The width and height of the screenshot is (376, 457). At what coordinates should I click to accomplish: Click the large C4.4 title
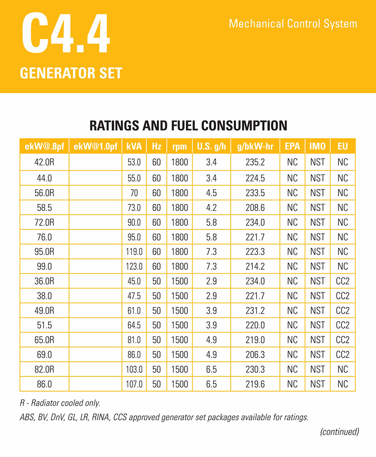(x=66, y=35)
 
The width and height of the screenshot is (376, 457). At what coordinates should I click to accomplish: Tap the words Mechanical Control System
(x=293, y=24)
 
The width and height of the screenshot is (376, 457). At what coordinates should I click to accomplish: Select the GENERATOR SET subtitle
(x=71, y=73)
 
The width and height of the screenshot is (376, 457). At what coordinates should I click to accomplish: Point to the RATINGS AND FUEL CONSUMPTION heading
(x=188, y=126)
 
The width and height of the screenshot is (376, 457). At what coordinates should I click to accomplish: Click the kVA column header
(x=134, y=146)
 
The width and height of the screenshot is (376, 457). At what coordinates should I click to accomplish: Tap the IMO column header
(x=318, y=146)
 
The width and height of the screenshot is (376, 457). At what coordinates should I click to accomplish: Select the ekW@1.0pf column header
(x=96, y=146)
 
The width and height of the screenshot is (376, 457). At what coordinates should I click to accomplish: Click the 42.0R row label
(x=44, y=162)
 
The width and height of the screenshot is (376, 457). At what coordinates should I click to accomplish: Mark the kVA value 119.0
(x=134, y=252)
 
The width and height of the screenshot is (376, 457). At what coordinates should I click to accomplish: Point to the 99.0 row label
(x=44, y=267)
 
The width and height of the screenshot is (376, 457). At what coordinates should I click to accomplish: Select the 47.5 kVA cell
(x=134, y=296)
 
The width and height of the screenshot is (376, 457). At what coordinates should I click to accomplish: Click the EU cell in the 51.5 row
(x=343, y=326)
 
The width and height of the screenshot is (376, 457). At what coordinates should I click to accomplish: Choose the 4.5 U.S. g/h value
(x=211, y=193)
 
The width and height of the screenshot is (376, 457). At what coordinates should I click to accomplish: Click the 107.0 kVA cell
(x=134, y=384)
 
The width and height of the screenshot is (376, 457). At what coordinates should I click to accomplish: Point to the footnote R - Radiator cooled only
(x=60, y=403)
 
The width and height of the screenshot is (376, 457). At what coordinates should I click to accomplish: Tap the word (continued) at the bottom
(x=339, y=432)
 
